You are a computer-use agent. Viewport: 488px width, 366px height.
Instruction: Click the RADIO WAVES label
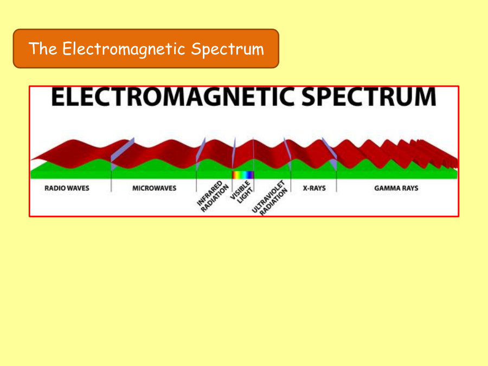67,189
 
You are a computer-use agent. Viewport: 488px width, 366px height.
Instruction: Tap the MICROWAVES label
155,189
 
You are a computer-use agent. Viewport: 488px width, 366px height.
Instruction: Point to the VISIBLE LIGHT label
241,192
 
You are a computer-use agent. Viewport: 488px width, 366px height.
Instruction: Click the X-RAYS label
314,189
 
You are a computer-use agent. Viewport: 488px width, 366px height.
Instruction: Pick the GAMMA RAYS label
396,189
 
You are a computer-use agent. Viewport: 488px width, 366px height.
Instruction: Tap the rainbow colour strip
243,175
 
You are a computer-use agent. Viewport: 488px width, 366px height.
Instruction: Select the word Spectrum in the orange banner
227,49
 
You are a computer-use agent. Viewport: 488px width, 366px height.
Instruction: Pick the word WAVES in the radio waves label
78,189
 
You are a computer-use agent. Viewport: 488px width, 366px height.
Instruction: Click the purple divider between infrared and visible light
234,153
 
